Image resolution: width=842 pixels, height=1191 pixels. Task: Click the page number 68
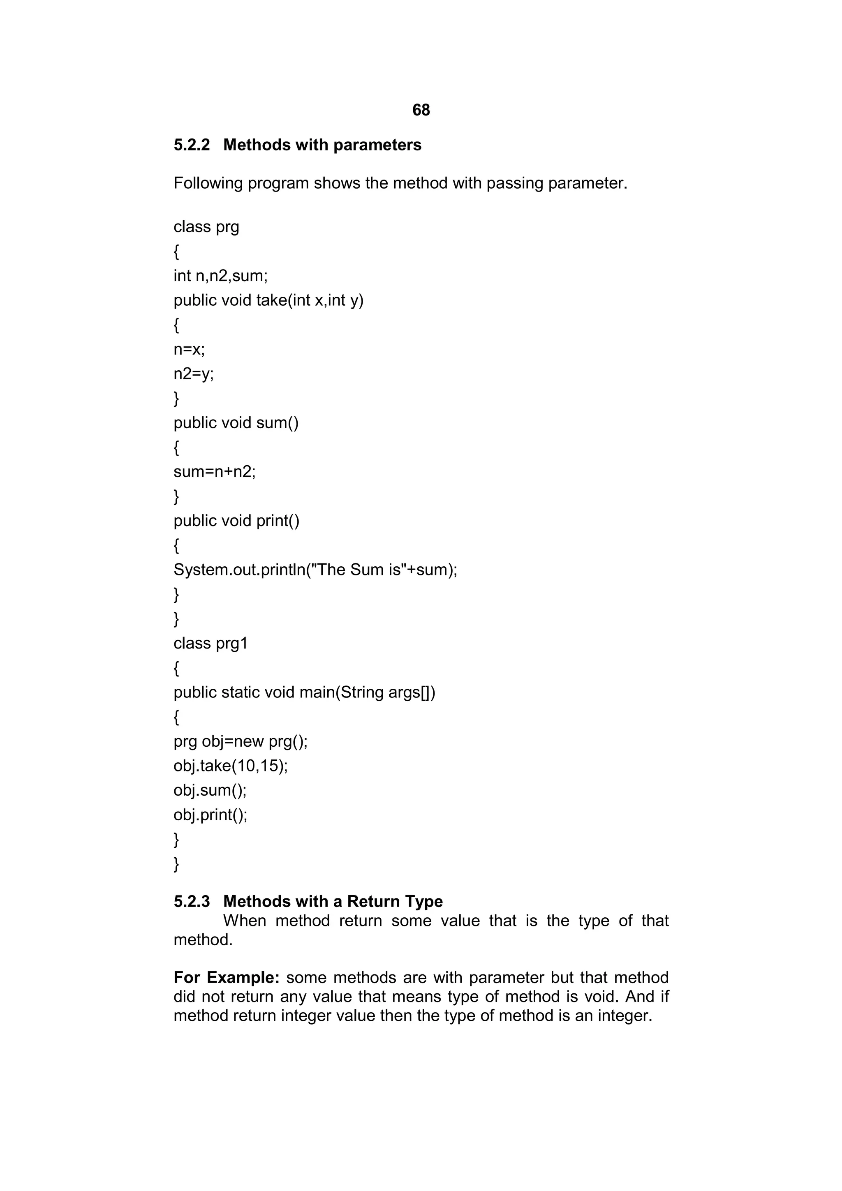[x=421, y=110]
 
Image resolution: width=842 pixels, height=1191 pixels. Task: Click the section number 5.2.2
[x=192, y=145]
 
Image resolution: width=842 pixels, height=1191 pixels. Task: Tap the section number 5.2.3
[x=192, y=902]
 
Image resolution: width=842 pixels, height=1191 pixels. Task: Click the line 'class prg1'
[x=210, y=643]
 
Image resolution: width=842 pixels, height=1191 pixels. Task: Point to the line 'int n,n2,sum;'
[x=220, y=275]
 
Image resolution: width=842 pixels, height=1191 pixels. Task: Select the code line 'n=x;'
[x=190, y=350]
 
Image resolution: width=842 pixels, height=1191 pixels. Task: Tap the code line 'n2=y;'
[x=194, y=374]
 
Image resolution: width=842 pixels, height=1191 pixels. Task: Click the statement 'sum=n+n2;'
[x=215, y=471]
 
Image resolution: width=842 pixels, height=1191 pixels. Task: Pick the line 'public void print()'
[x=236, y=521]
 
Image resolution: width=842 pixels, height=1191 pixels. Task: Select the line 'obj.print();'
[x=210, y=815]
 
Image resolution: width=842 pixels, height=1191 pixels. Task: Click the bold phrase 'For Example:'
[x=227, y=977]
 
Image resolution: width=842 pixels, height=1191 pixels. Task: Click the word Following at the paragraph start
[x=208, y=183]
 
